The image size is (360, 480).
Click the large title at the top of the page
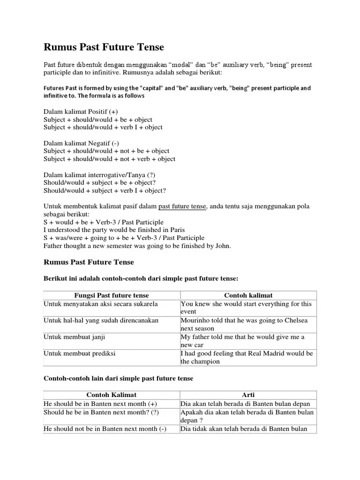pos(104,47)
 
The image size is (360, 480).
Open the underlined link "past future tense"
pos(182,206)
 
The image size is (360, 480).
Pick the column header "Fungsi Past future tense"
pos(112,295)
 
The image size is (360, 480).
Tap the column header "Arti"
pos(249,395)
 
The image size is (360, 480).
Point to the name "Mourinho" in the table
pos(195,320)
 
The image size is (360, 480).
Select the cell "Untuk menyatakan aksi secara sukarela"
pos(100,304)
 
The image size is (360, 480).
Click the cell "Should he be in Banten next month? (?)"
pos(101,412)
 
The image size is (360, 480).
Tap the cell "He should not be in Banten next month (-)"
pos(105,429)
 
